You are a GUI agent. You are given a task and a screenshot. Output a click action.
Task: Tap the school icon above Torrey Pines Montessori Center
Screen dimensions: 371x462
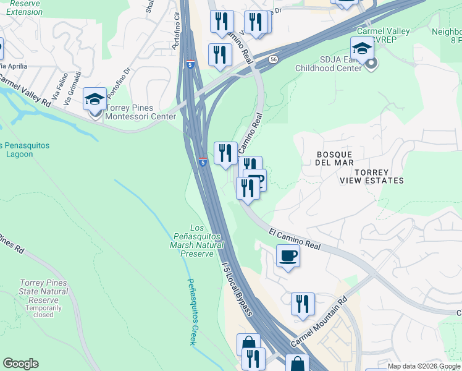[94, 99]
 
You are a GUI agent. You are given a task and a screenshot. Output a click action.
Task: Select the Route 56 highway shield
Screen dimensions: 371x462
[273, 59]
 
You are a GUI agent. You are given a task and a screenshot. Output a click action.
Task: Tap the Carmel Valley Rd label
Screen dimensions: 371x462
[25, 91]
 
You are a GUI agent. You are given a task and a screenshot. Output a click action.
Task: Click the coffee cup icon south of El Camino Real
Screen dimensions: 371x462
[288, 255]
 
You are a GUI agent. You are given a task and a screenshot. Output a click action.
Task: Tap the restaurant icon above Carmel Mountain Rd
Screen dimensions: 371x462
[303, 304]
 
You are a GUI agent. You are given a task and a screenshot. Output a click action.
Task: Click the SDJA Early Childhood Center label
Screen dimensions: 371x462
[328, 64]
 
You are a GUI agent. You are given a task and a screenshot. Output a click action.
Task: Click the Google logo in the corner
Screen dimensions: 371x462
[20, 364]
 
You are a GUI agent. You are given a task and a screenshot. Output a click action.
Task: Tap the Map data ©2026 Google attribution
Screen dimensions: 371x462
[423, 366]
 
